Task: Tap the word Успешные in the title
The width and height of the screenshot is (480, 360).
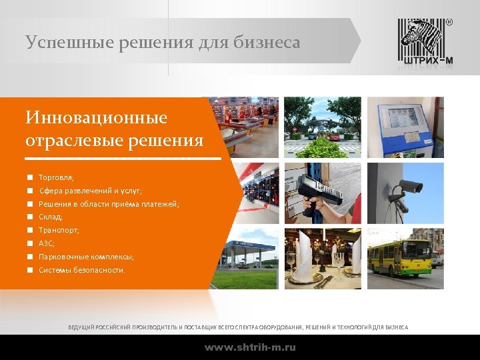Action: (61, 43)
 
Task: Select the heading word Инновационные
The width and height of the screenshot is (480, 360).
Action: (96, 118)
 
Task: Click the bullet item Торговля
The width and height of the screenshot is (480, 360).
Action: (56, 178)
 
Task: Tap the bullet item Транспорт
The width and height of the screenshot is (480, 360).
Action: (59, 230)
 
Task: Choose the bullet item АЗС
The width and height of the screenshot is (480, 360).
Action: (47, 243)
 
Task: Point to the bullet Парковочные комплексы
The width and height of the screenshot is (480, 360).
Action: (86, 257)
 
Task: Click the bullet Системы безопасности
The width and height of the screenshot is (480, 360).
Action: (81, 270)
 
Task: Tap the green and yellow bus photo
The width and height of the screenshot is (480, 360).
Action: (405, 257)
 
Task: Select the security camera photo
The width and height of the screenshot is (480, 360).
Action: (405, 192)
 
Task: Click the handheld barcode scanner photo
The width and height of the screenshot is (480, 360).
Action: (323, 192)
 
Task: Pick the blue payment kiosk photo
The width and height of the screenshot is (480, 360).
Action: (405, 127)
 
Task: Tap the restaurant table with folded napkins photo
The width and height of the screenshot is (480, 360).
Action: (323, 257)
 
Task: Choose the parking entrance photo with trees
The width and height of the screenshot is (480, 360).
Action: (323, 127)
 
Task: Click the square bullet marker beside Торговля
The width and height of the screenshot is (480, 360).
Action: (30, 178)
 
